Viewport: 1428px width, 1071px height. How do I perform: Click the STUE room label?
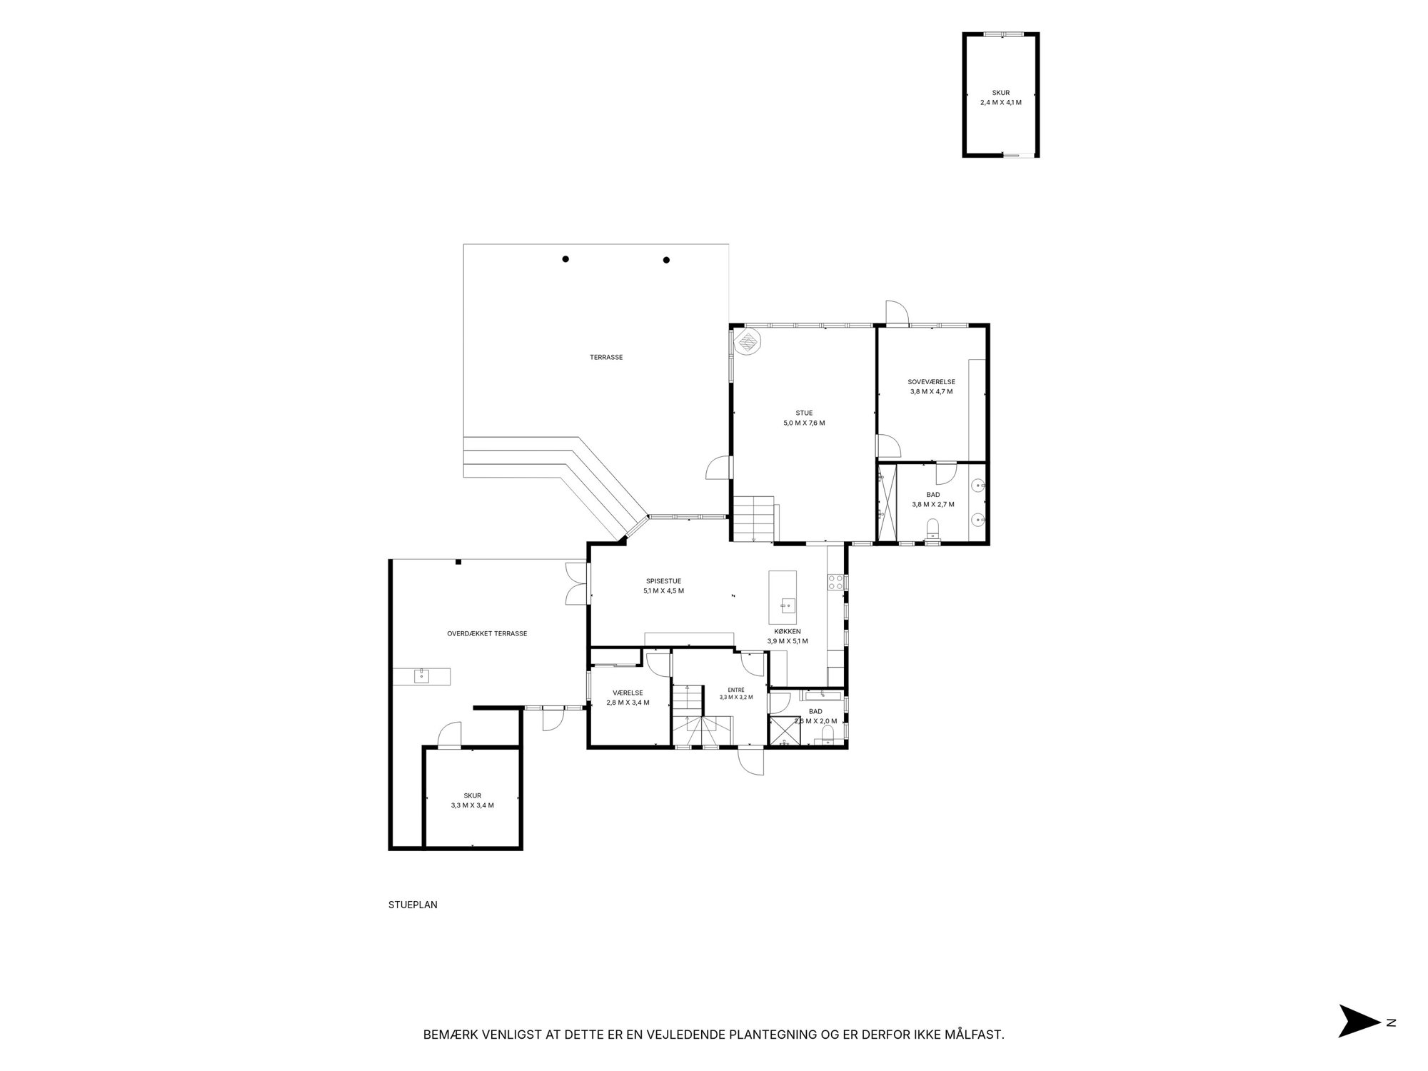[804, 413]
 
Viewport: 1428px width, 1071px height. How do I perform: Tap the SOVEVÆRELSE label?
[931, 382]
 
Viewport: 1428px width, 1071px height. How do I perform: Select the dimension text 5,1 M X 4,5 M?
[663, 590]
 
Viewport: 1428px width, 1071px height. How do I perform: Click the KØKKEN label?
[788, 631]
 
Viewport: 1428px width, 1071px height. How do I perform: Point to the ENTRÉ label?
[736, 690]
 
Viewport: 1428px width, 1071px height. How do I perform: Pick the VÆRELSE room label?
[628, 693]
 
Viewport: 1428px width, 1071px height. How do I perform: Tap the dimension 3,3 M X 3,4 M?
[472, 805]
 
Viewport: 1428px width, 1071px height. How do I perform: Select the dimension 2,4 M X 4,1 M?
[1001, 102]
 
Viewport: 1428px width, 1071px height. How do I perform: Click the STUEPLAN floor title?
[413, 905]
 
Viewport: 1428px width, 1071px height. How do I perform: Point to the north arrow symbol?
[1359, 1041]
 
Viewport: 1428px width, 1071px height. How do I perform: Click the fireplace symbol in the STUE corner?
[748, 341]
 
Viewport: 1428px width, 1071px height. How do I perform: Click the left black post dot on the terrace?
[565, 259]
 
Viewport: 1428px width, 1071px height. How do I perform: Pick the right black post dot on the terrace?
[666, 260]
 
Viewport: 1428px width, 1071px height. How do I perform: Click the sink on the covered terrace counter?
[421, 675]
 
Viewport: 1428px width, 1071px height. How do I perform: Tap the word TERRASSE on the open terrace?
[606, 357]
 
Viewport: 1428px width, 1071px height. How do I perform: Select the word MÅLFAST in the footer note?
[975, 1034]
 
